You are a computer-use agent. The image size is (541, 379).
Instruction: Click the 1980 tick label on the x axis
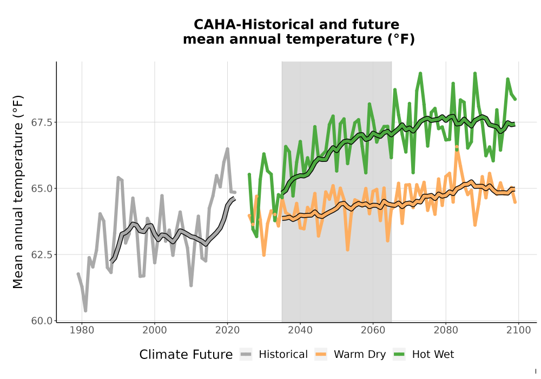82,330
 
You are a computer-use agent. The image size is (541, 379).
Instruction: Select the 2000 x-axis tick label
155,330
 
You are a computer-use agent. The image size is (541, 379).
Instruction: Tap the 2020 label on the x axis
227,330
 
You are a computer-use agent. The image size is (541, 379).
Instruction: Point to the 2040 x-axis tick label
300,330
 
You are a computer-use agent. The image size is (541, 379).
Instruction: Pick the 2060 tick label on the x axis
373,330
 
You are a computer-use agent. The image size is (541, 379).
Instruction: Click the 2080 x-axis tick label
446,330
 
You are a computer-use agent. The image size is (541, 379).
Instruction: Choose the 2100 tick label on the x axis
519,330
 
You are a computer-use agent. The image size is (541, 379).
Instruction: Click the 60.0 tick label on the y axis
42,321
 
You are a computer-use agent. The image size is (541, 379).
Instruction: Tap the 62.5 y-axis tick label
42,254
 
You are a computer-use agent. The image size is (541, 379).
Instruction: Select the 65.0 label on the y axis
42,189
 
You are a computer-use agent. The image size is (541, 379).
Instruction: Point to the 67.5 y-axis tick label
42,122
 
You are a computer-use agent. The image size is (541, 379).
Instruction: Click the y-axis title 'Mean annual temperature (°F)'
18,192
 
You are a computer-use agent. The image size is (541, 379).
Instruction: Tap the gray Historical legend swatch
246,355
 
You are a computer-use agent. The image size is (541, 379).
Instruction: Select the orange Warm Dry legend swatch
321,355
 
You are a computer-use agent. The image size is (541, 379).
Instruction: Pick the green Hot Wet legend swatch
399,355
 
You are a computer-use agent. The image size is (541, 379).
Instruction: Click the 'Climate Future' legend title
186,355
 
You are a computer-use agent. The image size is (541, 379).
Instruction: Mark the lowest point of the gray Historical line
85,311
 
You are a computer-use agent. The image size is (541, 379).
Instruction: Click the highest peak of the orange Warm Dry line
457,147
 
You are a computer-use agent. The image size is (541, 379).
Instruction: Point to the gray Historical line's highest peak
228,149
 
